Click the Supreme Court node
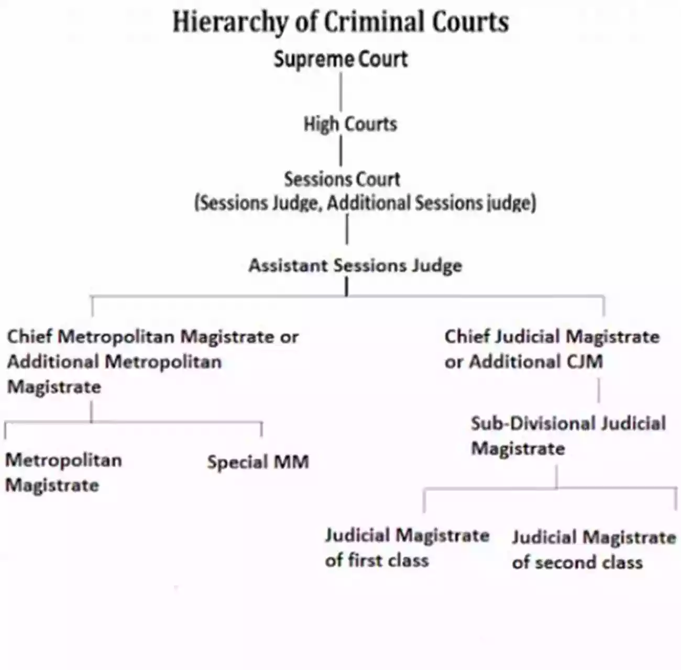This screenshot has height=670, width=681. pos(340,59)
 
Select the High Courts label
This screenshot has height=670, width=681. pos(350,124)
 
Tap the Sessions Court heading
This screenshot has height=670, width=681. pos(342,180)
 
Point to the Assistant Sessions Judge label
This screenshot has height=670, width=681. pos(355,265)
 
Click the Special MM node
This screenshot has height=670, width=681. pos(258,462)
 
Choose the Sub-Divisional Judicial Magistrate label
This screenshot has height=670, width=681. pos(568,435)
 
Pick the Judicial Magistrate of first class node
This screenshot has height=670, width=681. pos(407,548)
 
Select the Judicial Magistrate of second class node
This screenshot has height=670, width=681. pos(594,550)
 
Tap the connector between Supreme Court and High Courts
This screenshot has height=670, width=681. pos(341,92)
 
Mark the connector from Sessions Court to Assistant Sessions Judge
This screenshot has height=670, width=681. pos(346,229)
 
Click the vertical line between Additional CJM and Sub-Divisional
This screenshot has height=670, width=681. pos(599,390)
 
